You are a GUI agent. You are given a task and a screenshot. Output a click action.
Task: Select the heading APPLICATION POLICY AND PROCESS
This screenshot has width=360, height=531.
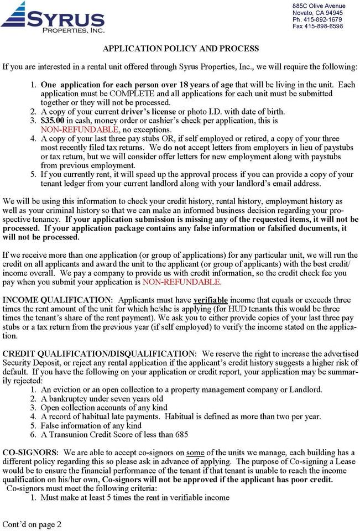coord(181,49)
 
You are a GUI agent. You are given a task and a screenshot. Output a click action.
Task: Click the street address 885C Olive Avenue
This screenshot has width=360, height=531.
coord(319,6)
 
